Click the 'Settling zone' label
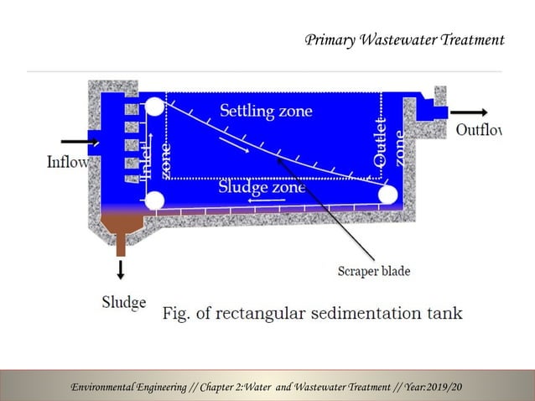click(266, 110)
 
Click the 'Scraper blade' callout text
click(373, 271)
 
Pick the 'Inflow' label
click(66, 162)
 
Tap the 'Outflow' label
click(478, 131)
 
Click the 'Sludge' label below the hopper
click(123, 302)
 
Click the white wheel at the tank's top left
click(155, 107)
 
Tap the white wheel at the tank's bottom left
click(154, 200)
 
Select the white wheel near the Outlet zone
click(387, 195)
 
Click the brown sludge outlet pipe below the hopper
click(121, 243)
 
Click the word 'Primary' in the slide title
click(330, 40)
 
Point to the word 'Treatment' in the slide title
click(470, 40)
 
